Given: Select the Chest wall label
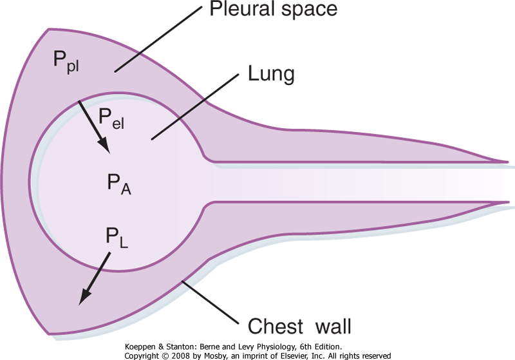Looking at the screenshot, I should (x=299, y=327).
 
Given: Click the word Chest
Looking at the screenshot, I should (x=273, y=327).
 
